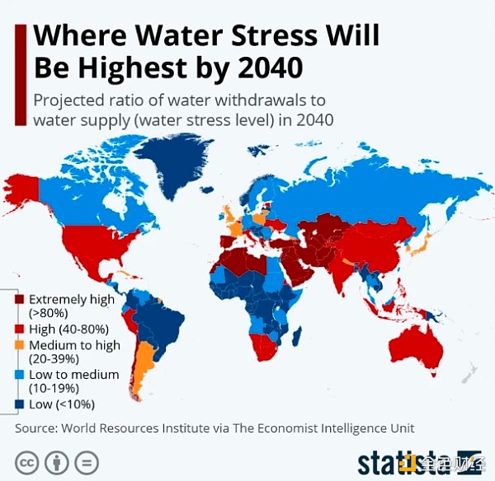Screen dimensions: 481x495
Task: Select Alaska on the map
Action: coord(25,190)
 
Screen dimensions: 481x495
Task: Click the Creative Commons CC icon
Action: coord(27,460)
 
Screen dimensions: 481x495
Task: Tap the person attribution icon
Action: coord(57,460)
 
